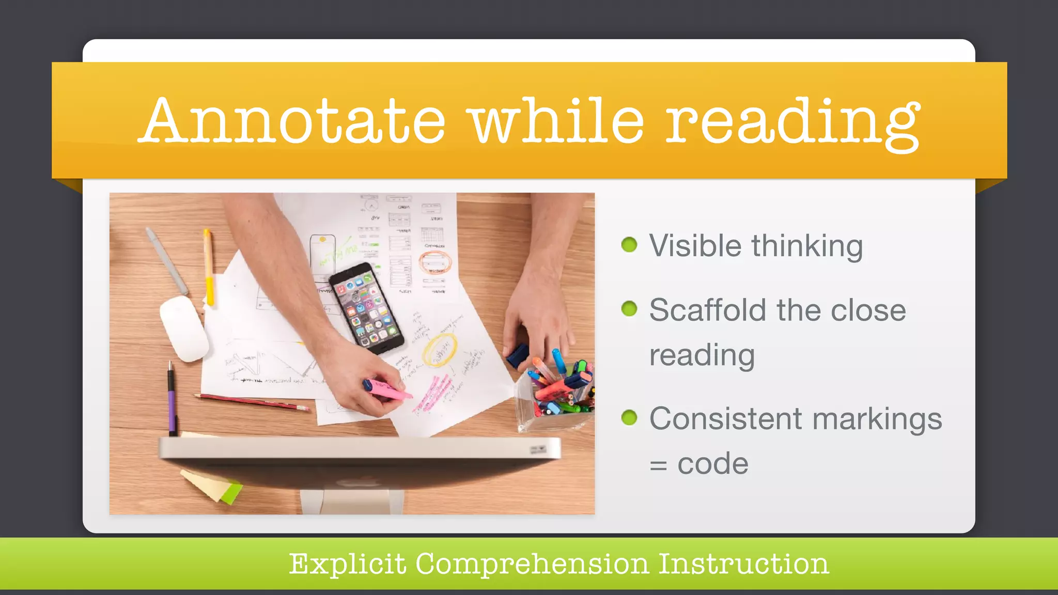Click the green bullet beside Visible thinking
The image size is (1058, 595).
pos(629,244)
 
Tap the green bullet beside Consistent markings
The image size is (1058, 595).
pos(629,417)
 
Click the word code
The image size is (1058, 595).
pos(713,463)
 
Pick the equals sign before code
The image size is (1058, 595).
pos(658,465)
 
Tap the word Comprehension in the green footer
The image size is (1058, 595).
pos(532,563)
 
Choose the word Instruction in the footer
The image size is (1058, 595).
pos(743,563)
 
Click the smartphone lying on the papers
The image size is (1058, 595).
pos(366,307)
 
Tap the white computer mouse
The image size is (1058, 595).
pos(183,328)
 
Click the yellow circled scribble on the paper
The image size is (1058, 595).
pos(440,350)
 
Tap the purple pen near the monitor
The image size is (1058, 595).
pos(172,400)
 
